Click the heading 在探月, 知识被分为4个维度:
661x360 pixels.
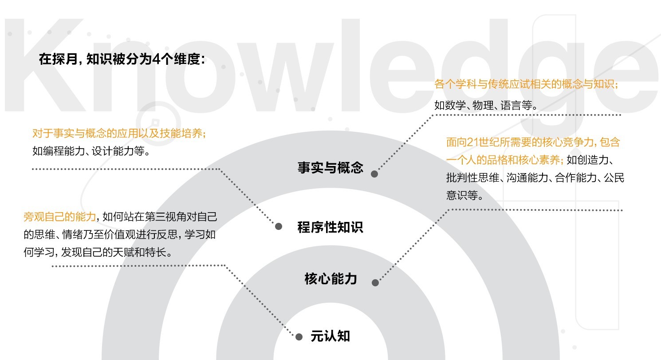tap(122, 59)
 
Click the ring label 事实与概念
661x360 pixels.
tap(330, 168)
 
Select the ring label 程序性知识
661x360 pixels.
tap(330, 227)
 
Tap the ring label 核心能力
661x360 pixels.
tap(330, 279)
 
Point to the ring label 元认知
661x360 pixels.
tap(330, 336)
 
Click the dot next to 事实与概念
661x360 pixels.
tap(374, 174)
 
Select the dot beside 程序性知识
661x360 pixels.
tap(279, 226)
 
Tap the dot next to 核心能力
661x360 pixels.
tap(375, 282)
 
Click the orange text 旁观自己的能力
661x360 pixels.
tap(59, 217)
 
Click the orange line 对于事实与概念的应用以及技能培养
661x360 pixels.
tap(119, 133)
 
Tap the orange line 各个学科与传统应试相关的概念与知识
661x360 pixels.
tap(527, 84)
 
